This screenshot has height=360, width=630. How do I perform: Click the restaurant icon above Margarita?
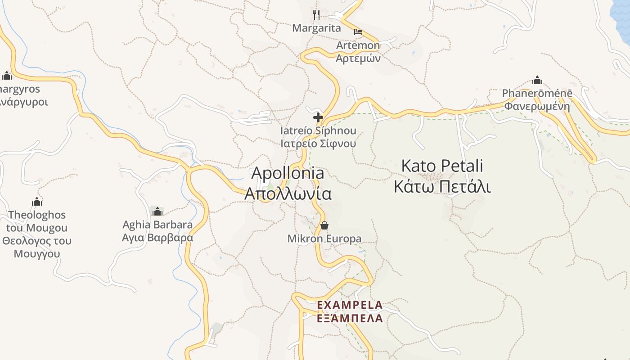pyautogui.click(x=316, y=15)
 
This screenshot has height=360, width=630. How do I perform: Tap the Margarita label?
pyautogui.click(x=316, y=28)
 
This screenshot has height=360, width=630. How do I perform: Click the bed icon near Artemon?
pyautogui.click(x=358, y=31)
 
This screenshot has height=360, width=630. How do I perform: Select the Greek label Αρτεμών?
pyautogui.click(x=358, y=58)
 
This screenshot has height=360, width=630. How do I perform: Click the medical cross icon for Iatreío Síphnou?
pyautogui.click(x=318, y=118)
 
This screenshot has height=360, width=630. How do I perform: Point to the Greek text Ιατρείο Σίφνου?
pyautogui.click(x=318, y=144)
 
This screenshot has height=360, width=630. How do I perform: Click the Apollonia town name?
pyautogui.click(x=288, y=173)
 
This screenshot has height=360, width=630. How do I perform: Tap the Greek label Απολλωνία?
pyautogui.click(x=288, y=193)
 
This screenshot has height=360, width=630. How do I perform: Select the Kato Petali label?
pyautogui.click(x=442, y=166)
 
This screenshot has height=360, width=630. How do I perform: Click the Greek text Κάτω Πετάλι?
pyautogui.click(x=442, y=186)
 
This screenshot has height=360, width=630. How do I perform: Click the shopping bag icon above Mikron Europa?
pyautogui.click(x=324, y=225)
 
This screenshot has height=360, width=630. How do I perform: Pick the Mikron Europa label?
pyautogui.click(x=324, y=238)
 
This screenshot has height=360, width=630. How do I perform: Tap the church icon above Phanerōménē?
pyautogui.click(x=537, y=81)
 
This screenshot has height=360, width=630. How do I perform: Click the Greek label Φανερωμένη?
pyautogui.click(x=537, y=107)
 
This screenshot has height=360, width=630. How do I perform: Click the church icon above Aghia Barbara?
pyautogui.click(x=157, y=211)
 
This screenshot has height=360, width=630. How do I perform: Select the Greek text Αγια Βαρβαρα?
pyautogui.click(x=157, y=238)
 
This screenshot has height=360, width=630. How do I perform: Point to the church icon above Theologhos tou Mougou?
pyautogui.click(x=37, y=202)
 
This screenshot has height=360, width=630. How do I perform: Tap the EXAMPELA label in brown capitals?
pyautogui.click(x=350, y=305)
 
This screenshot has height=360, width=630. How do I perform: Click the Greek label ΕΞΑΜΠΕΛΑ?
pyautogui.click(x=350, y=319)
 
